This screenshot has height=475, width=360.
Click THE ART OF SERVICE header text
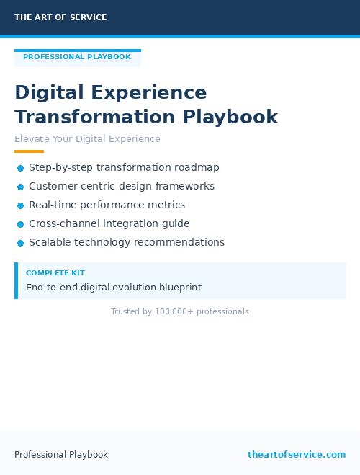pos(60,17)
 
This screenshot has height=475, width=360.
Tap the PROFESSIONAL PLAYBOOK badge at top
pos(77,57)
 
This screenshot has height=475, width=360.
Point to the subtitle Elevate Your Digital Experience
pos(87,139)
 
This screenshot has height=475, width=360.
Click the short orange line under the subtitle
pos(29,151)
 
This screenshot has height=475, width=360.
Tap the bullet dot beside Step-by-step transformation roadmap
pos(20,168)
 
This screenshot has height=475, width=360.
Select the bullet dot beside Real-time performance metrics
pos(20,205)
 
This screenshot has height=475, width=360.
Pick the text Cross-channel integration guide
pos(109,223)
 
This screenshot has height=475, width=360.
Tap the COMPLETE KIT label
pos(55,273)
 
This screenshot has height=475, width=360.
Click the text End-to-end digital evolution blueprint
pos(114,287)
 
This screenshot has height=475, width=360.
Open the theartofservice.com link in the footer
pos(297,454)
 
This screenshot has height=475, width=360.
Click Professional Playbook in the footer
pos(61,455)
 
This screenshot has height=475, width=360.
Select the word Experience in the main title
pos(149,93)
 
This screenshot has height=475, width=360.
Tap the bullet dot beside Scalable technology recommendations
pos(20,243)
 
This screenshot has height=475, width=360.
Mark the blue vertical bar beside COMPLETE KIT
pos(16,280)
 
